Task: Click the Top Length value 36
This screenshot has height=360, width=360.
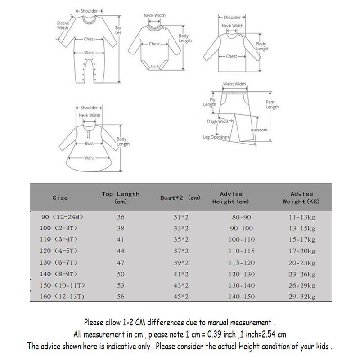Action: point(121,217)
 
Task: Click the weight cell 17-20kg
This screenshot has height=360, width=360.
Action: point(301,251)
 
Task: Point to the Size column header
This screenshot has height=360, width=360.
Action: point(60,198)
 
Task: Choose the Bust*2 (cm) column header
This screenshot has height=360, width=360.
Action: point(180,198)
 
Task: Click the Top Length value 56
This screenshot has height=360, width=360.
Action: point(121,297)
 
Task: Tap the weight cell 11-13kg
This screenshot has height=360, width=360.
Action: point(301,217)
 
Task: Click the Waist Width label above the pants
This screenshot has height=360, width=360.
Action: point(234,84)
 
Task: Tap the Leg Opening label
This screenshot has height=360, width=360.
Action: point(215,137)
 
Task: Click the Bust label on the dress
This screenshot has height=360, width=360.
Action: point(89,144)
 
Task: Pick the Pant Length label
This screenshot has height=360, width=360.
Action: point(272,105)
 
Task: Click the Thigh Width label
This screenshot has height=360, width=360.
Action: point(218,121)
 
